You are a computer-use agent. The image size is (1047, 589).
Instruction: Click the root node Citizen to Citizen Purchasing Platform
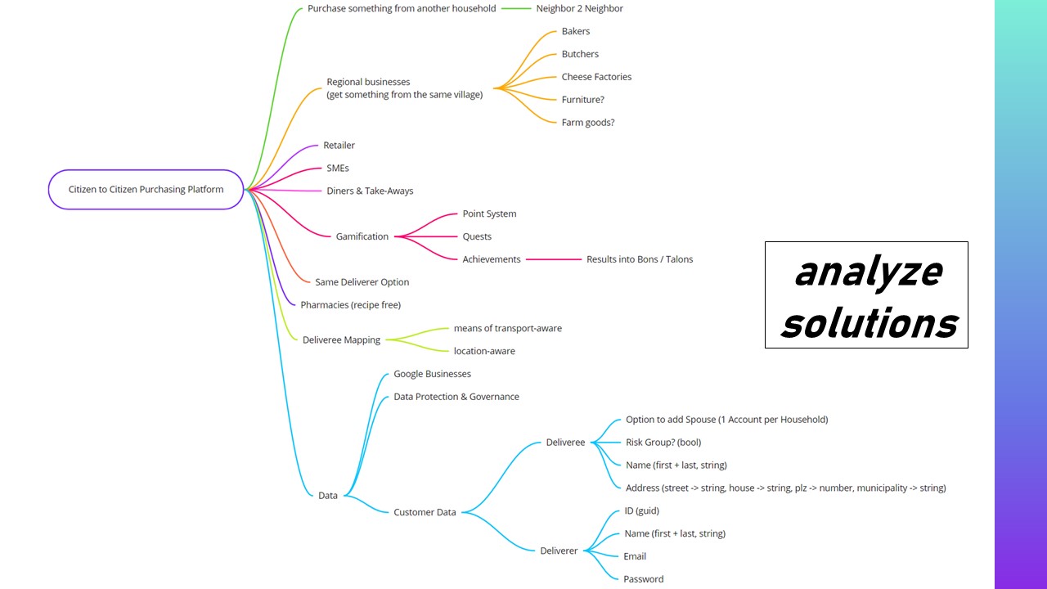(x=146, y=190)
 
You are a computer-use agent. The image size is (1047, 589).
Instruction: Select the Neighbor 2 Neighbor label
(x=579, y=8)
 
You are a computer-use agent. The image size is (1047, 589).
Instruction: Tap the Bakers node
(x=575, y=31)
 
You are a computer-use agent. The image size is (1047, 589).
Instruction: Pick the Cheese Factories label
(x=596, y=77)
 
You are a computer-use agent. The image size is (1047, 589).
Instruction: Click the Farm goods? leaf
(x=587, y=123)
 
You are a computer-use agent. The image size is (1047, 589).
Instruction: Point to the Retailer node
(x=339, y=146)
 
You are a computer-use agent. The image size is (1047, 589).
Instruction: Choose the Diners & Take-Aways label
(x=370, y=191)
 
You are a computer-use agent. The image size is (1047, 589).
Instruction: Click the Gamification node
(x=362, y=236)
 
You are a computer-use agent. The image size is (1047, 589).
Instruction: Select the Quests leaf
(x=477, y=236)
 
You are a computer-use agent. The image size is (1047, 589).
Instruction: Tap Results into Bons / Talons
(x=639, y=259)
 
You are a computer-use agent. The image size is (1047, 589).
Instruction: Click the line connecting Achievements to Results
(x=553, y=259)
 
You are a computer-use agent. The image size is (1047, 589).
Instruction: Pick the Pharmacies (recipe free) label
(x=350, y=305)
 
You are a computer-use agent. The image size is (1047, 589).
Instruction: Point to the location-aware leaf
(x=484, y=351)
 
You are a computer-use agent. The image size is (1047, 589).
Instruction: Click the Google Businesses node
(x=432, y=374)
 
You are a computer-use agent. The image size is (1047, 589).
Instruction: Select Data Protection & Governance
(x=456, y=397)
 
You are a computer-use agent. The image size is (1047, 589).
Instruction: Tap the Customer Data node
(x=425, y=512)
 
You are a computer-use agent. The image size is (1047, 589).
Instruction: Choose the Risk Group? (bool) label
(x=663, y=443)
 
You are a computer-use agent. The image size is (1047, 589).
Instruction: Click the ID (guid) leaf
(x=640, y=511)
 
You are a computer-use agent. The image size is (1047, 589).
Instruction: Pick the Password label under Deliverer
(x=643, y=579)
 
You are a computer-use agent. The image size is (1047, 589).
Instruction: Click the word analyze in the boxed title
(x=867, y=272)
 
